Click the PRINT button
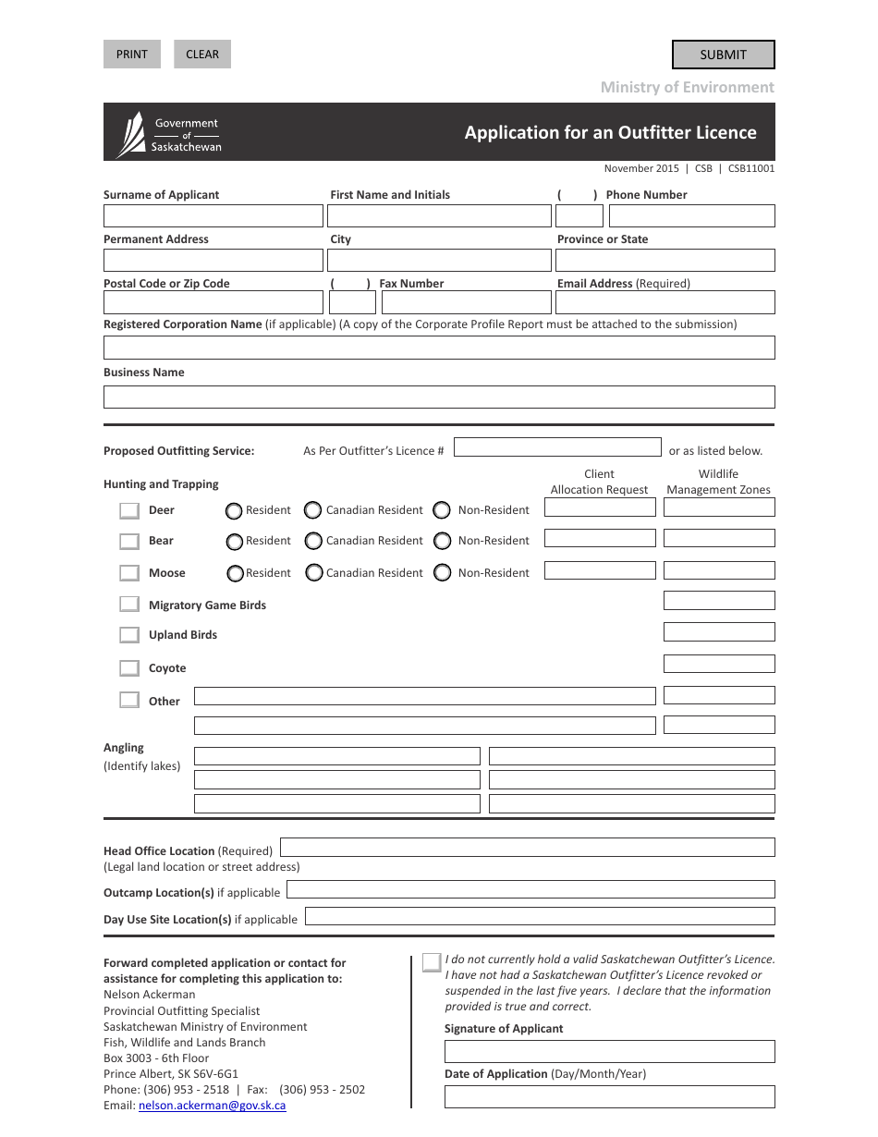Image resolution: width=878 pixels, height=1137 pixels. pos(132,55)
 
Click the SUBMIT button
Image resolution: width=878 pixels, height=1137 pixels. pos(723,55)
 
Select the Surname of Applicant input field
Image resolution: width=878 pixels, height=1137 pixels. pos(213,216)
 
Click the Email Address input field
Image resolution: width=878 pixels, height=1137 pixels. pos(665,302)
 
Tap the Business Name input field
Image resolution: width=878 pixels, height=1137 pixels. pos(439,397)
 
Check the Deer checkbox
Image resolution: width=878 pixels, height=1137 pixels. pos(129,511)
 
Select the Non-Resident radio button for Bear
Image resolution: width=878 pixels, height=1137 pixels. pos(442,542)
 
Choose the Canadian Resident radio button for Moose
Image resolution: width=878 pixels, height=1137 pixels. pos(312,573)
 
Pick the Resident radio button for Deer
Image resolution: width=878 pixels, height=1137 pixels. pos(235,511)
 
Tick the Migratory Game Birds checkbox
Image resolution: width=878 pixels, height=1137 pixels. pos(129,605)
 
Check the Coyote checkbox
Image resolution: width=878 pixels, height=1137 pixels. pos(129,668)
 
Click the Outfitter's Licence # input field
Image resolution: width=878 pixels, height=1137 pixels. pos(557,447)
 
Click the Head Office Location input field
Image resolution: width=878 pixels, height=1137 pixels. pos(527,848)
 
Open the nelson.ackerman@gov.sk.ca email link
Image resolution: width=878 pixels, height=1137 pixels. pos(212,1106)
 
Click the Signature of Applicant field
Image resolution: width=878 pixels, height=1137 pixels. pos(609,1052)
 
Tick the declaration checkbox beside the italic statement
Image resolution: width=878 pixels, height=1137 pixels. pos(432,962)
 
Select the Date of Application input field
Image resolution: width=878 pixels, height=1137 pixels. pos(609,1097)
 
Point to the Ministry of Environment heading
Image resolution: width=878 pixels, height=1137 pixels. pos(687,87)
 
